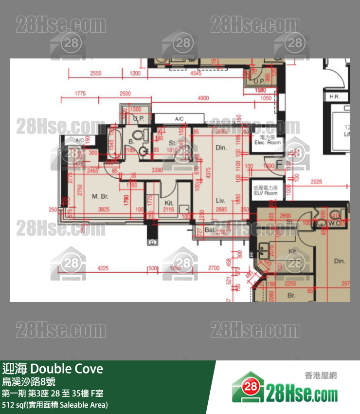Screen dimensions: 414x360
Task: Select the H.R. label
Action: pos(335,96)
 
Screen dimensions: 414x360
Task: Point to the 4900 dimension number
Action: pos(203,98)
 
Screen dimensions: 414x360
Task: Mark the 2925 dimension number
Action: pos(316,182)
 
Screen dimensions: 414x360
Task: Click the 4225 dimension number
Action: pos(103,268)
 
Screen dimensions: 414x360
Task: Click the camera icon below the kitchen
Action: pos(153,242)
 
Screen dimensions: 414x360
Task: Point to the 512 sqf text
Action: pos(16,404)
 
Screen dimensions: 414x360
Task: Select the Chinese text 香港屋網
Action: pos(320,375)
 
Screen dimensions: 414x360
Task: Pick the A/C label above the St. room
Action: pos(179,119)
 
